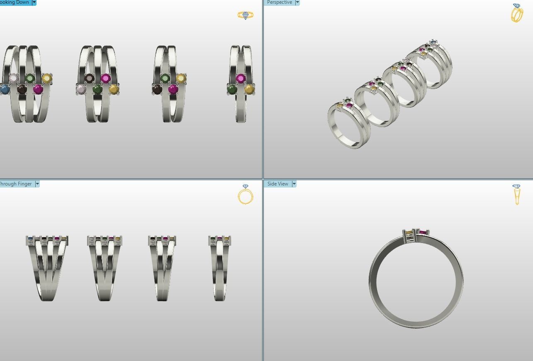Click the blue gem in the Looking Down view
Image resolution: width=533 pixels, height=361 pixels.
click(x=5, y=89)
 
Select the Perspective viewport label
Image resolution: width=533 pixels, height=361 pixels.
click(x=279, y=2)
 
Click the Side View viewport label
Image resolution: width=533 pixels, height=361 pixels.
click(x=277, y=184)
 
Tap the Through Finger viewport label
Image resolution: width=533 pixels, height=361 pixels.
click(x=17, y=184)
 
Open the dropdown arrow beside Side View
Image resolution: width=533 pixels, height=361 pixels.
click(x=294, y=184)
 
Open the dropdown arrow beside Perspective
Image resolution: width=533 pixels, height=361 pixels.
click(x=297, y=2)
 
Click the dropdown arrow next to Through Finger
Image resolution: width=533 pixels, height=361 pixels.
click(x=37, y=184)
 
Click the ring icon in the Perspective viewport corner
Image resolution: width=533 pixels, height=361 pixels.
click(x=517, y=13)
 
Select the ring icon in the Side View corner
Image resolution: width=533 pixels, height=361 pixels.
click(x=516, y=194)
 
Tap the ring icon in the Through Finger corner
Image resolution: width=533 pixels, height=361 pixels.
click(x=245, y=194)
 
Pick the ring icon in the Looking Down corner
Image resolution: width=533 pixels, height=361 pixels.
click(x=245, y=15)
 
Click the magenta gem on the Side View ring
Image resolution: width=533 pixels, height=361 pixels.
click(x=423, y=233)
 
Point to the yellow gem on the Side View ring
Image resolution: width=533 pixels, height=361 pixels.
click(x=409, y=232)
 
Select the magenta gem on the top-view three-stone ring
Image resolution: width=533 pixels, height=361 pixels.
click(x=241, y=78)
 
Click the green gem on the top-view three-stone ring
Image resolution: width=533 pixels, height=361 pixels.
click(x=232, y=89)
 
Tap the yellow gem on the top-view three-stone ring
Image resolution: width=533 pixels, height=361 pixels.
click(x=249, y=89)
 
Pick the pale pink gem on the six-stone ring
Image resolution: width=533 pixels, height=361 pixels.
click(x=14, y=78)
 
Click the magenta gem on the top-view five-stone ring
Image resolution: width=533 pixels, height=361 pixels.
click(x=105, y=78)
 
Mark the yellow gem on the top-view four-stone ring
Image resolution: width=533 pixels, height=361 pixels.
click(x=181, y=78)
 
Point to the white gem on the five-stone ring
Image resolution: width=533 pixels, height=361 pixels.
click(x=81, y=89)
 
